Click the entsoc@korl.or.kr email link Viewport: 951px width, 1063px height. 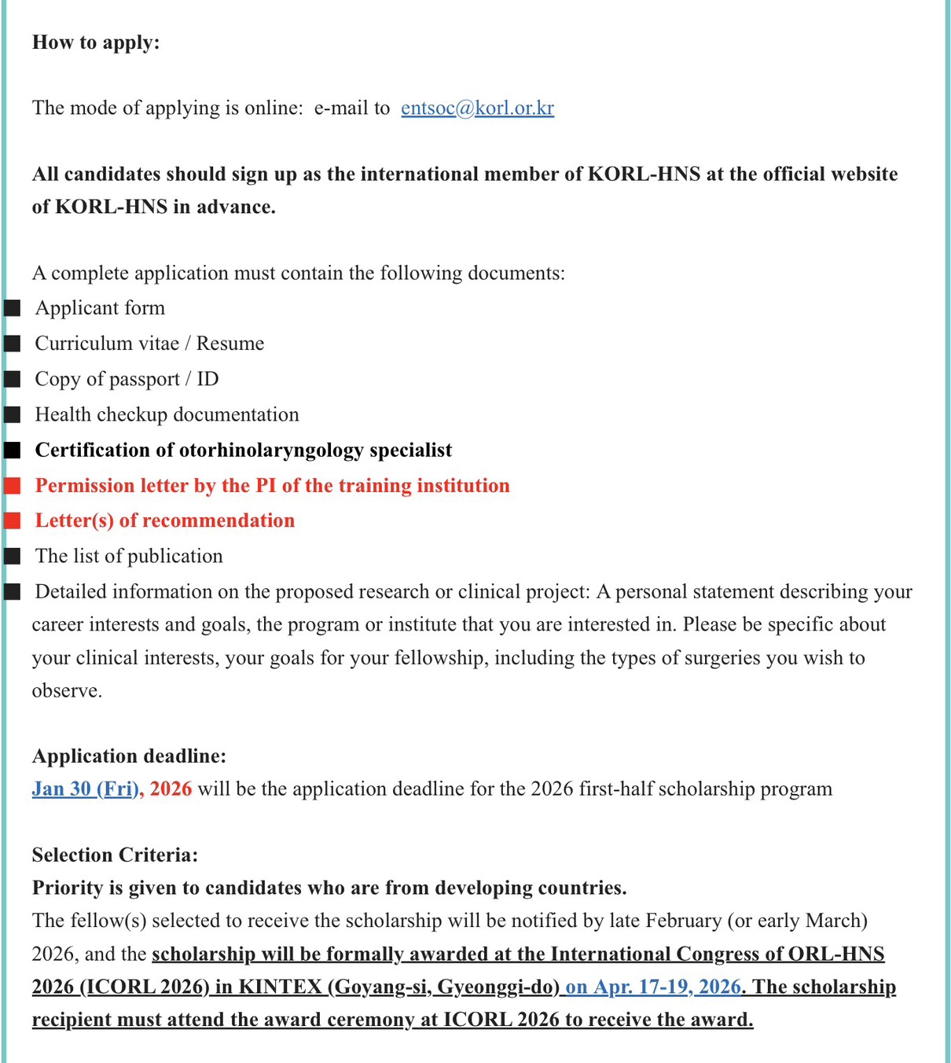coord(477,108)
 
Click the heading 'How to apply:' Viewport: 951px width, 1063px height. coord(96,42)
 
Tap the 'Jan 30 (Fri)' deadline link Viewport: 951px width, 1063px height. coord(85,789)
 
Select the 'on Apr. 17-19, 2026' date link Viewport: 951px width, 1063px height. coord(652,987)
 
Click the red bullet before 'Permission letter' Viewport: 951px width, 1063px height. coord(12,486)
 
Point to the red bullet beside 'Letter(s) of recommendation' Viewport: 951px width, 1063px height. coord(12,520)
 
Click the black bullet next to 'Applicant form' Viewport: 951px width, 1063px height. coord(12,308)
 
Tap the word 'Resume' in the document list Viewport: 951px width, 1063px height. coord(230,344)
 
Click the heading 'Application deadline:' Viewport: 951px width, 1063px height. coord(129,756)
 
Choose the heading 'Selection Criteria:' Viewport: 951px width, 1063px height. coord(115,855)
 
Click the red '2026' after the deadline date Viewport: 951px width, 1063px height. coord(171,789)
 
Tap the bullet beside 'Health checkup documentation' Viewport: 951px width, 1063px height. coord(12,414)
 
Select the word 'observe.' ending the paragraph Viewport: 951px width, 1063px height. coord(67,691)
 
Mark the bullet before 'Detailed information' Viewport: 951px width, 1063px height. coord(12,591)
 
